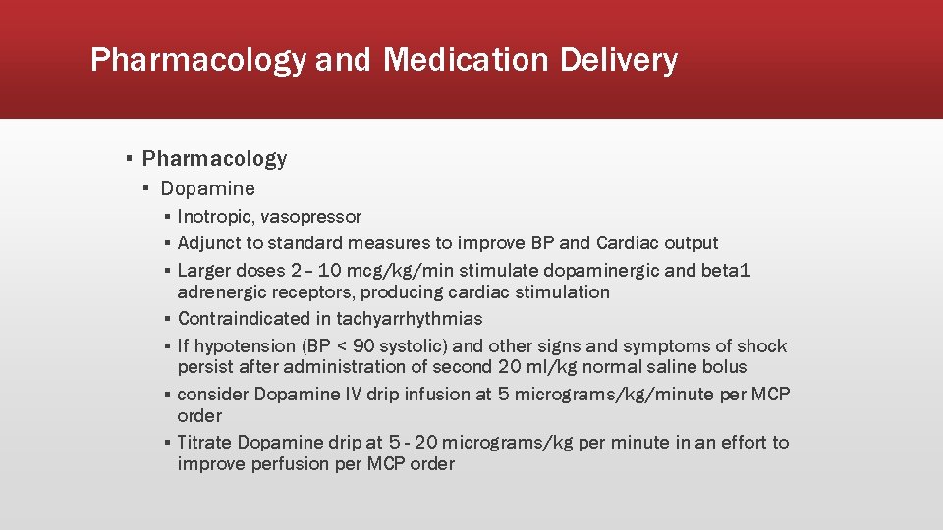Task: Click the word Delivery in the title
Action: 619,61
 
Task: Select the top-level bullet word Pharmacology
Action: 214,159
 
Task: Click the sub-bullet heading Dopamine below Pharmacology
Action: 207,188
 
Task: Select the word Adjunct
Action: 209,243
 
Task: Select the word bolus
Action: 723,367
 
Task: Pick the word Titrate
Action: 204,443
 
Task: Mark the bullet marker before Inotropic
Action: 169,217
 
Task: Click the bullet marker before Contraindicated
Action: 169,319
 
